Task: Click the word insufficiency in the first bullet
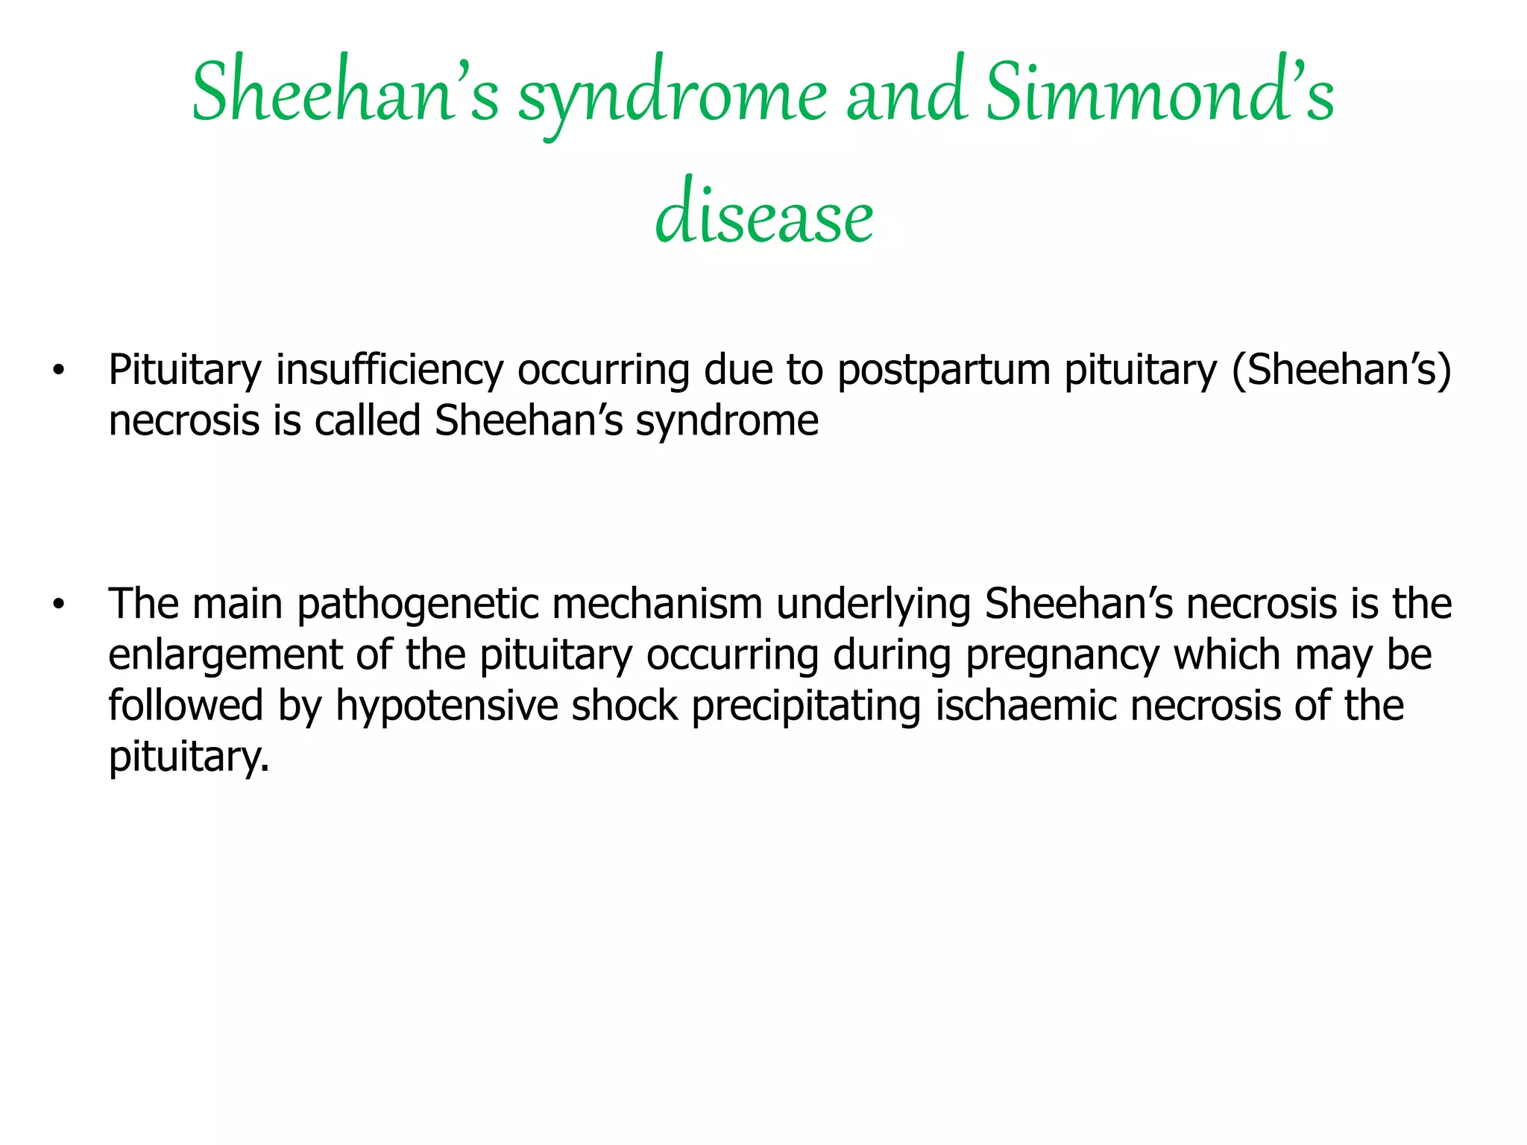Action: [x=389, y=370]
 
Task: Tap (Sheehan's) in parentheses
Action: [x=1341, y=370]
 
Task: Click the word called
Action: [x=368, y=421]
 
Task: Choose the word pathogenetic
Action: [x=418, y=605]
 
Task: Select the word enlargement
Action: [x=225, y=655]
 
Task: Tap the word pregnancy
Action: [x=1062, y=655]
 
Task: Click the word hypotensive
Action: [x=447, y=706]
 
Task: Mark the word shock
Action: [x=625, y=706]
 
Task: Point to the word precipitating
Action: [x=806, y=706]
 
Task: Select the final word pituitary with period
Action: [x=188, y=757]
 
